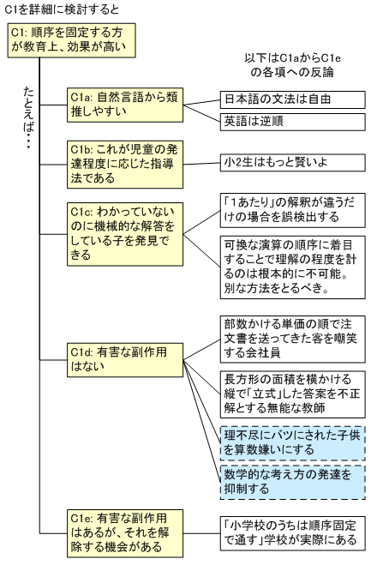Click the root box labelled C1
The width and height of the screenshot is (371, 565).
click(71, 40)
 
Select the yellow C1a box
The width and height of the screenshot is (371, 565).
click(125, 105)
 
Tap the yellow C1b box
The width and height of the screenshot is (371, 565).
click(125, 165)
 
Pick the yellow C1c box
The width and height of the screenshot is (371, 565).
click(125, 234)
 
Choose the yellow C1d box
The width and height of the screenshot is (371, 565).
click(125, 360)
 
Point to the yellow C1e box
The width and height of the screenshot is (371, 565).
click(125, 533)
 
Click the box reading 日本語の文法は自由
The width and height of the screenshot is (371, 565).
click(292, 99)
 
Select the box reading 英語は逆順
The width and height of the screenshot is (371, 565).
click(292, 122)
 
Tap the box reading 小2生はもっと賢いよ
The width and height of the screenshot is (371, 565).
click(292, 163)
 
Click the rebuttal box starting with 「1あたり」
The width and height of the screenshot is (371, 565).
click(292, 210)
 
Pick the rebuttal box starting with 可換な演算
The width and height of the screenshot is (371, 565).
click(292, 267)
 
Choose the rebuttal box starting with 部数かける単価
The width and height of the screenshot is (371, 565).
click(292, 339)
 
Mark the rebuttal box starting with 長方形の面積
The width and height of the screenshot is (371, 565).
click(292, 394)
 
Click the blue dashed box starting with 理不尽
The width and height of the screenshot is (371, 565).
click(292, 443)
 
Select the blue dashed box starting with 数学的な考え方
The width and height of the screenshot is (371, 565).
click(292, 482)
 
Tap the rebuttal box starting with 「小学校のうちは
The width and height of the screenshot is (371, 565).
click(292, 533)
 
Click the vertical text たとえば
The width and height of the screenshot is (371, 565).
click(28, 117)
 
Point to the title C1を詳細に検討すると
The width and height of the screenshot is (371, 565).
click(62, 9)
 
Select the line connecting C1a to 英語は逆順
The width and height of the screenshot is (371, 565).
click(201, 113)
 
